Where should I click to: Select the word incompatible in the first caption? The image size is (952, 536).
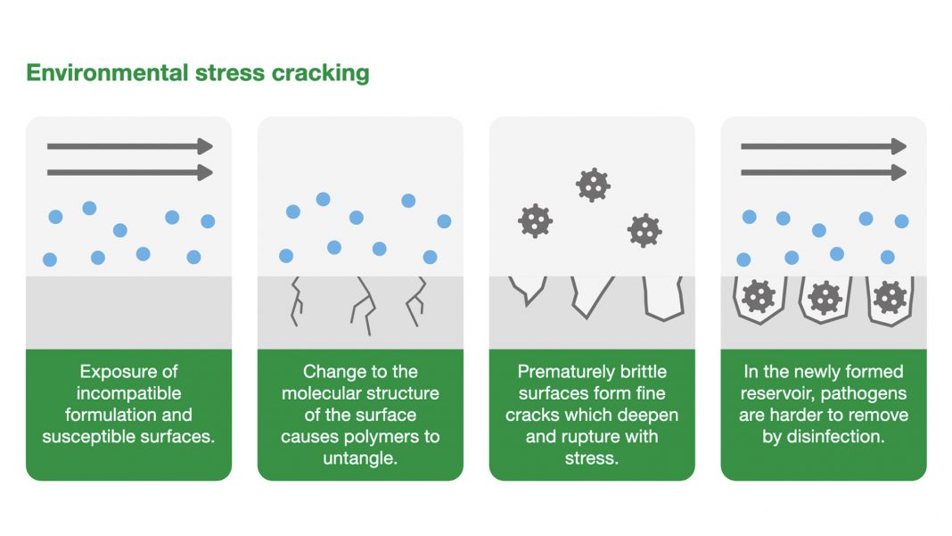coord(128,393)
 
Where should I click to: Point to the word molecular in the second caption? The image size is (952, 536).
coord(325,393)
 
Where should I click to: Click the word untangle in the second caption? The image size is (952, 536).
coord(360,458)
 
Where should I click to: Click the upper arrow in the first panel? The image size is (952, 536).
coord(129,146)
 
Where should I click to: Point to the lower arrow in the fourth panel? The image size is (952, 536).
coord(823,172)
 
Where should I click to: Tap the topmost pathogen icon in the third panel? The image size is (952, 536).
coord(592,185)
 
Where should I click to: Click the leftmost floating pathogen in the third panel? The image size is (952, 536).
coord(535,220)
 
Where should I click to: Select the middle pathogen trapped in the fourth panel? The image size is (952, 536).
coord(825,298)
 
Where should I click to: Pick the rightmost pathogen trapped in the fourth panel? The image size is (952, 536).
coord(890,297)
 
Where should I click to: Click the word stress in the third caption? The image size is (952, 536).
coord(592,458)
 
